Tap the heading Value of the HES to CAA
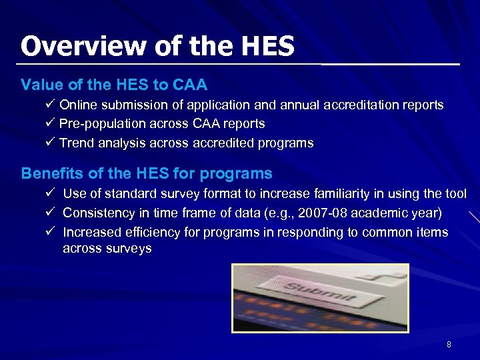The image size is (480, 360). tap(114, 85)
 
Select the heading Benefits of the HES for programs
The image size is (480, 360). tap(147, 174)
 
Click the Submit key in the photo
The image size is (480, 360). tap(320, 291)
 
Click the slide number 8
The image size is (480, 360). tap(449, 345)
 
